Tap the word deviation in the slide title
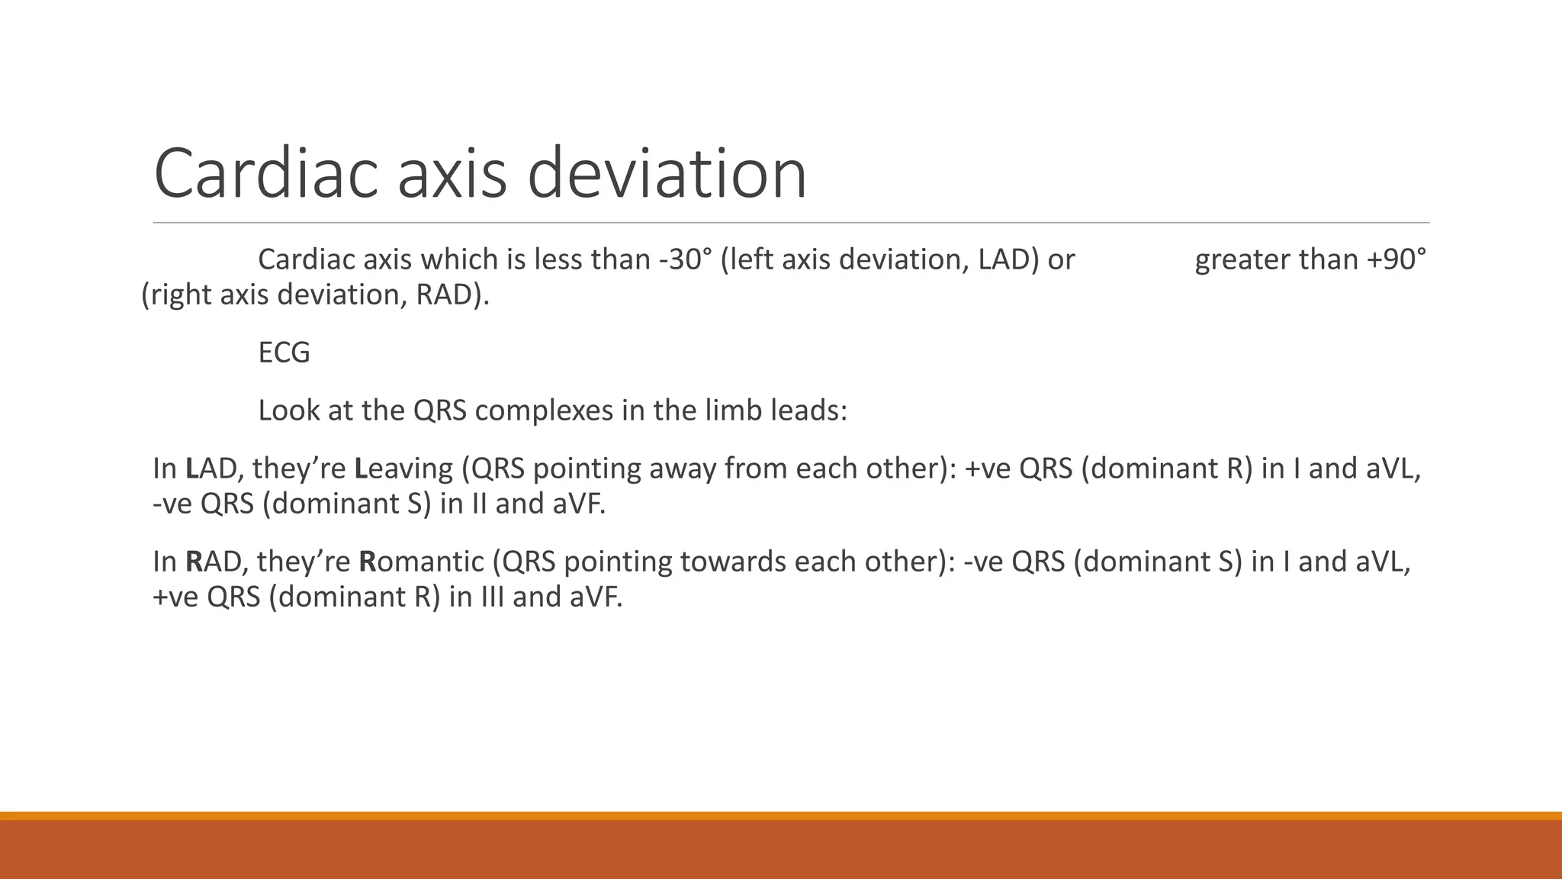coord(667,174)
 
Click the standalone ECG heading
coord(284,353)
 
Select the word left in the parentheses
coord(749,260)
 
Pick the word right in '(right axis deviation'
coord(181,295)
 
